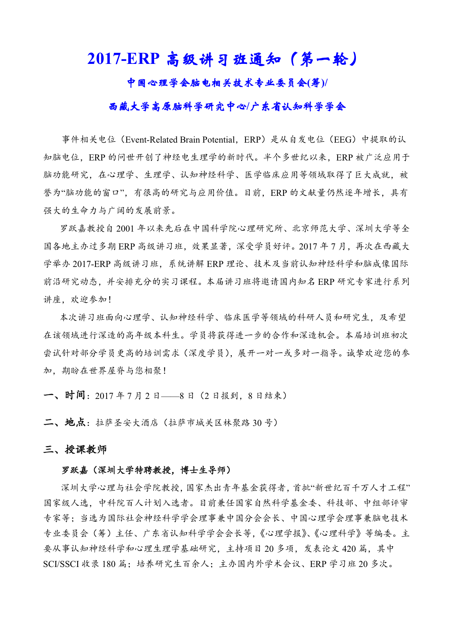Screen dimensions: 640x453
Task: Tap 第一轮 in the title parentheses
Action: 324,59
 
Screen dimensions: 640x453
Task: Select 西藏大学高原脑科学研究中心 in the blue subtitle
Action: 178,106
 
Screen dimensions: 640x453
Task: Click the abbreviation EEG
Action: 343,140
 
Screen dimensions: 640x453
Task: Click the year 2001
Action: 125,229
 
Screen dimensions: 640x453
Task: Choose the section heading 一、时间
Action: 64,395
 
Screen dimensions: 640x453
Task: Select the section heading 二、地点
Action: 64,422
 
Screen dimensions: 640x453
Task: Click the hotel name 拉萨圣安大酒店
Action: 127,423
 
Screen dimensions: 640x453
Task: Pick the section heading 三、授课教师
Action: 75,449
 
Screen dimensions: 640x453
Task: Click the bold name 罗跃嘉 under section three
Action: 75,470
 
